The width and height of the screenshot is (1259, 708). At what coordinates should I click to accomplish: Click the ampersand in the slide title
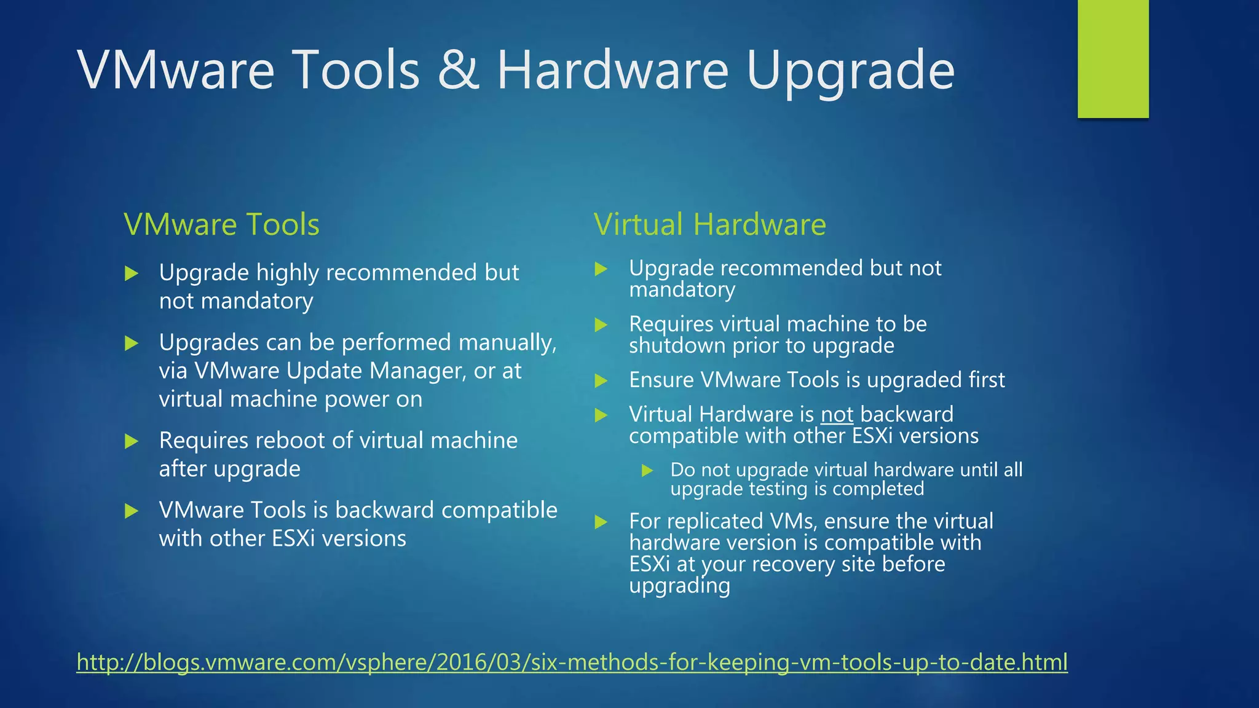tap(458, 70)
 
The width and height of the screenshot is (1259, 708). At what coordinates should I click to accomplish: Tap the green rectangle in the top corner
tap(1113, 58)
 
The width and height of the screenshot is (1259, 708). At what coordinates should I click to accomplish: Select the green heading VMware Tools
tap(221, 224)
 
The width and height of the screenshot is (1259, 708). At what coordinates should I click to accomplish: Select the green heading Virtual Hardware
tap(709, 224)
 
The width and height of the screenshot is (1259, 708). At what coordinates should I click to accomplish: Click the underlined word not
tap(837, 415)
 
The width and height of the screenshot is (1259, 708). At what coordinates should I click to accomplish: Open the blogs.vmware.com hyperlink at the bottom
tap(572, 663)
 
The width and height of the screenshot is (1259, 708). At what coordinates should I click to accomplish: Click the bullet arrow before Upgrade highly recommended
tap(132, 273)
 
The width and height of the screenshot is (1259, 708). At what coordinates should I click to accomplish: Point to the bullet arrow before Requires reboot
tap(132, 441)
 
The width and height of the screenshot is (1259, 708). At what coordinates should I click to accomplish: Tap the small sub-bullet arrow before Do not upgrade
tap(647, 471)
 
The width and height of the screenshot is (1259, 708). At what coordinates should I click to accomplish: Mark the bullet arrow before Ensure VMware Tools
tap(601, 381)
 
